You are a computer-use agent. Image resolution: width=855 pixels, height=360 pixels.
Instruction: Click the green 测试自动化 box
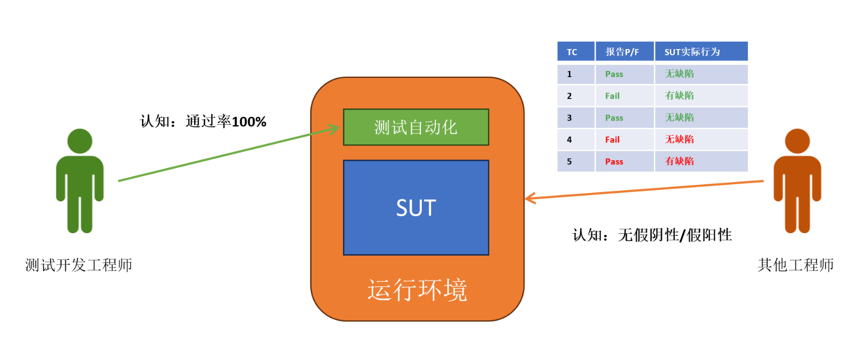point(415,127)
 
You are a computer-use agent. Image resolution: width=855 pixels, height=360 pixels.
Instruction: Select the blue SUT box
point(415,208)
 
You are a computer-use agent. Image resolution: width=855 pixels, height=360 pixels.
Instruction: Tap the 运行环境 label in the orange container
point(417,290)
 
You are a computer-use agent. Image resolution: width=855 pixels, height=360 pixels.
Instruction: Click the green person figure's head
point(80,141)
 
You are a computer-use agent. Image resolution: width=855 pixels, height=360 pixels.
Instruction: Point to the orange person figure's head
point(797,141)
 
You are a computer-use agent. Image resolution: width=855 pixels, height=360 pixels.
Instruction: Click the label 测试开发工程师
point(79,265)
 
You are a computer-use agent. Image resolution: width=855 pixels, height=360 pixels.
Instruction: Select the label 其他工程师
point(795,265)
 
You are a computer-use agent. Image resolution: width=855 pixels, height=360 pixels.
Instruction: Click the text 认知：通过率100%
point(203,122)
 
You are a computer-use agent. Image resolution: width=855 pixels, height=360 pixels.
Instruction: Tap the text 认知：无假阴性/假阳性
point(652,235)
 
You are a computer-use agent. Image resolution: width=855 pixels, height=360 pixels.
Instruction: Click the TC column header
point(572,52)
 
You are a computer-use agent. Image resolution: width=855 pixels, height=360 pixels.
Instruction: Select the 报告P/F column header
point(622,52)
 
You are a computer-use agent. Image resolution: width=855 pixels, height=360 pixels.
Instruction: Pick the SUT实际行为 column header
point(692,52)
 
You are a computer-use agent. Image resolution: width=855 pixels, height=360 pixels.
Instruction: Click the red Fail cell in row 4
point(612,140)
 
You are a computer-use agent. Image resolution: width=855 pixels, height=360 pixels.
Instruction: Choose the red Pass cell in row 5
point(614,162)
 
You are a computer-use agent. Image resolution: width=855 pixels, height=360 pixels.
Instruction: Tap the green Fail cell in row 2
point(612,96)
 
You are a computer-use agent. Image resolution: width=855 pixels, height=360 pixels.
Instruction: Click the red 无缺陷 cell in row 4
point(679,139)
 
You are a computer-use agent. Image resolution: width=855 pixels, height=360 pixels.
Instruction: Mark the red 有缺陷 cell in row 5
point(679,161)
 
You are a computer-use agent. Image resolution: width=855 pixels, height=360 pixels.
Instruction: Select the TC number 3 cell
point(569,118)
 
